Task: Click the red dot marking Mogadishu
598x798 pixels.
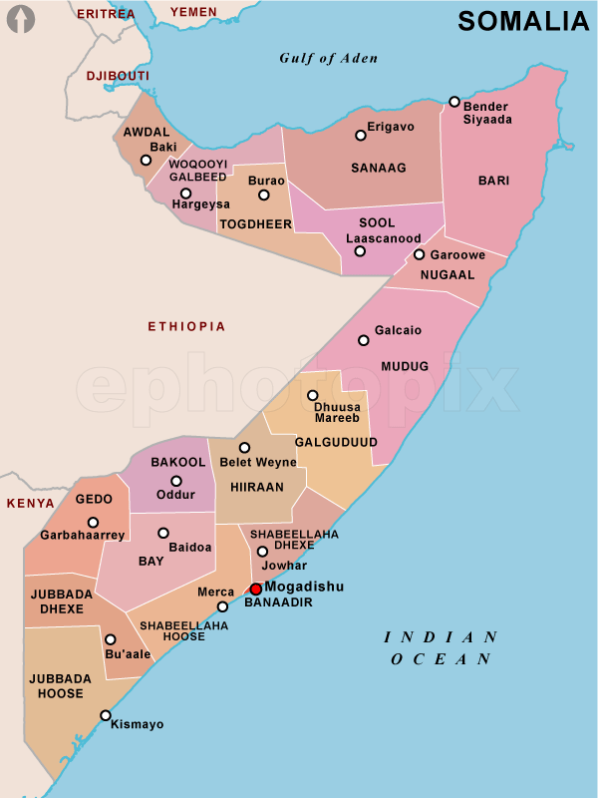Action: click(256, 590)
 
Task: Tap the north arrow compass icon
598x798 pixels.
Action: click(21, 19)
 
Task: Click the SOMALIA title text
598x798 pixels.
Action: click(523, 21)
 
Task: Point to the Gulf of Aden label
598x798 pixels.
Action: click(329, 58)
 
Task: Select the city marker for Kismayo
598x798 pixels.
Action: click(106, 715)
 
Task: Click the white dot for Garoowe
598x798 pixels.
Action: click(420, 254)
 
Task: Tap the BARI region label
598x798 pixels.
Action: click(493, 181)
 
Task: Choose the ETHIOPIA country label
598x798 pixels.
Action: click(186, 326)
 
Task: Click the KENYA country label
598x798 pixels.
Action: click(31, 504)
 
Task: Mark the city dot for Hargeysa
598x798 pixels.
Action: click(185, 194)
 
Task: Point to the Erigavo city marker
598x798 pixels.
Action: click(361, 136)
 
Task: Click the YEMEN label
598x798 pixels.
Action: click(193, 12)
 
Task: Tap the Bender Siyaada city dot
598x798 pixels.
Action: click(454, 102)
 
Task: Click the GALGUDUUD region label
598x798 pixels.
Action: click(336, 441)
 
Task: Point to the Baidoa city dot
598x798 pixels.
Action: click(163, 533)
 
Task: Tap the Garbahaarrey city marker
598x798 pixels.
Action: click(93, 522)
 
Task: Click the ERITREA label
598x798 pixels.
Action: click(106, 14)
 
